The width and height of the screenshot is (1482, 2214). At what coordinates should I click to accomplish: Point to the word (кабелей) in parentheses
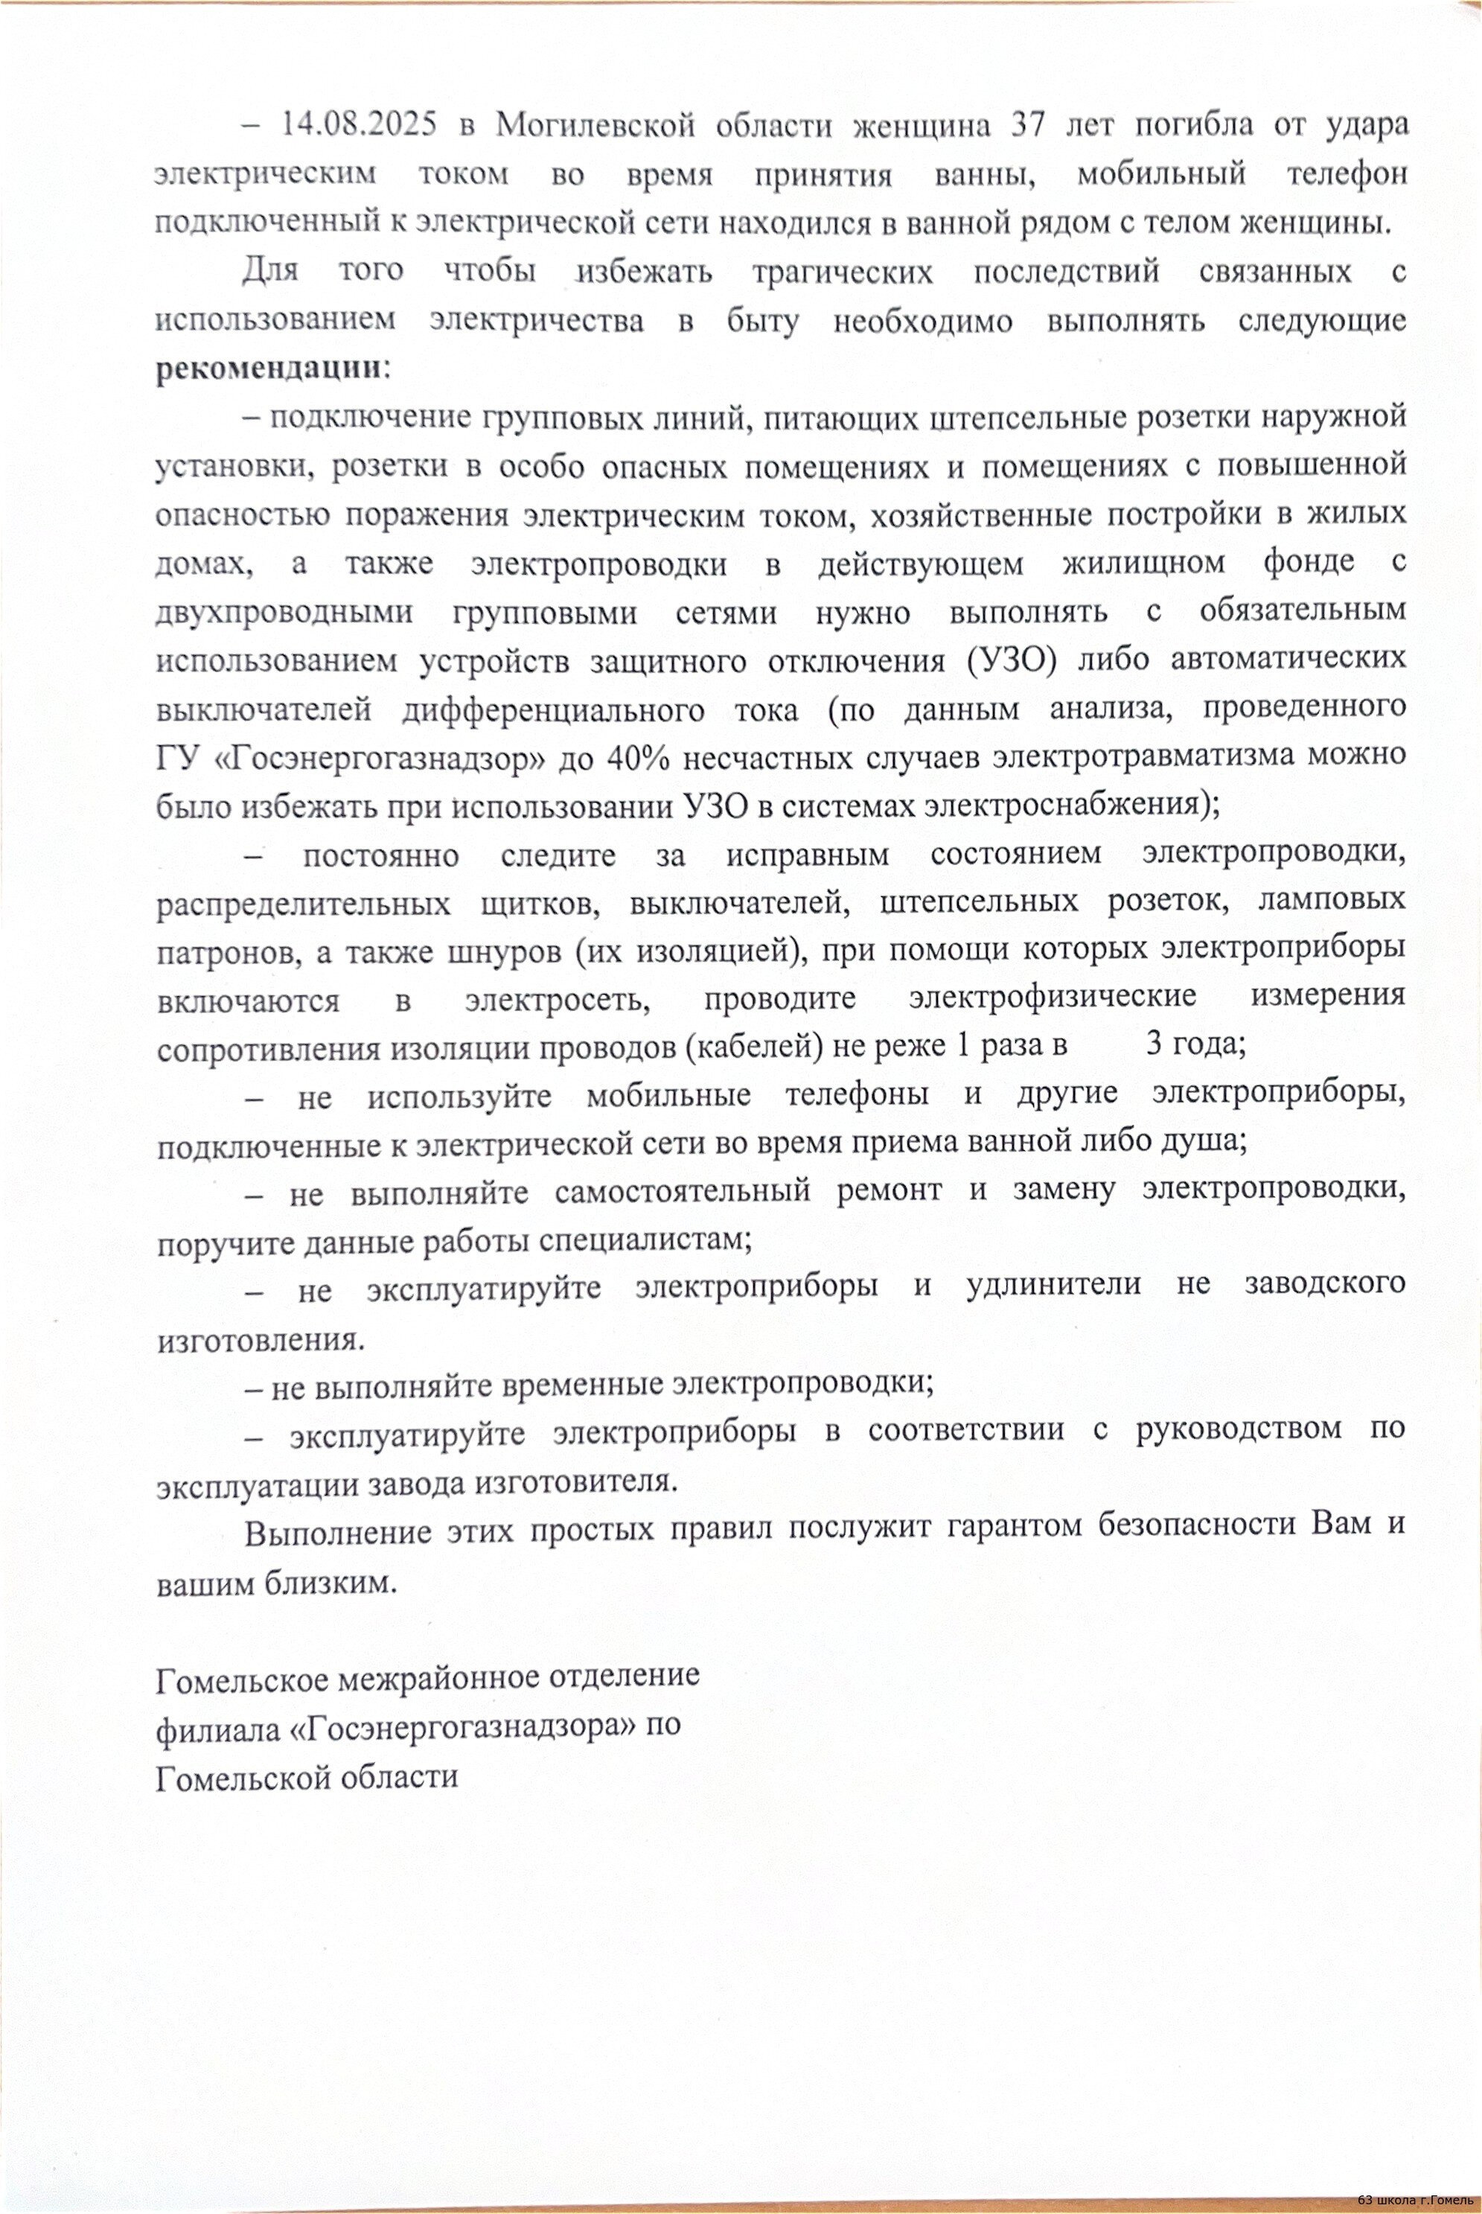747,1045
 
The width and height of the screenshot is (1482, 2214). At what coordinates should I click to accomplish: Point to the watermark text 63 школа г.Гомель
1414,2201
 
